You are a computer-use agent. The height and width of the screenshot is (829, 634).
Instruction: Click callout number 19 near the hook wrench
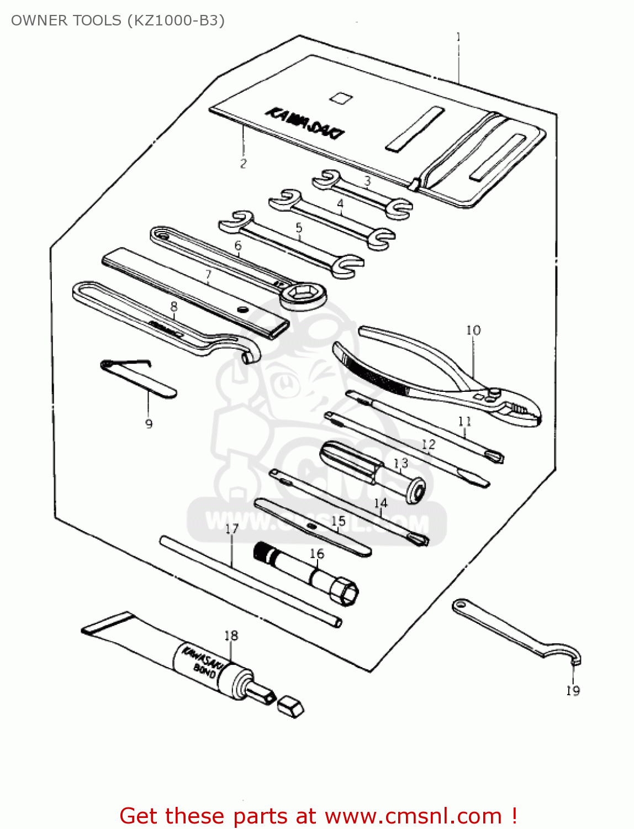click(573, 690)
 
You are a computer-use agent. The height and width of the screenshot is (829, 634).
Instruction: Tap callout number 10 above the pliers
click(473, 330)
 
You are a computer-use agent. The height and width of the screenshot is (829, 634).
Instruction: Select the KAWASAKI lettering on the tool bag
click(305, 123)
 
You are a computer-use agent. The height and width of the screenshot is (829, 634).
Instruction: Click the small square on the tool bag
click(341, 98)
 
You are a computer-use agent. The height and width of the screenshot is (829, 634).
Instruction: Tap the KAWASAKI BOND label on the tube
click(200, 661)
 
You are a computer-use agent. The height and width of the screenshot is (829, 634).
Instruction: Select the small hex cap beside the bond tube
click(290, 707)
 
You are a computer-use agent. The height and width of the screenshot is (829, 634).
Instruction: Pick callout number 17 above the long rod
click(232, 529)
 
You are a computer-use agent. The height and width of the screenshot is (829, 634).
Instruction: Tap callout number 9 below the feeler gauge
click(149, 424)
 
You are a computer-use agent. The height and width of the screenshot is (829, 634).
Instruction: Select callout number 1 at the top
click(458, 38)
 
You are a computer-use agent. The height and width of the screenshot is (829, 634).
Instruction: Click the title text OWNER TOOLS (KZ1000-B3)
click(118, 20)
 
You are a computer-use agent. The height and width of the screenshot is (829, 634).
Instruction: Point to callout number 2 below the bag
click(243, 164)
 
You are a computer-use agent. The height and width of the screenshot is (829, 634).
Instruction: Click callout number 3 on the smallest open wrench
click(367, 181)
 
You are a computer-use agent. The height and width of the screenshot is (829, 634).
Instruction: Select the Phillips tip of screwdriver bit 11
click(495, 457)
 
